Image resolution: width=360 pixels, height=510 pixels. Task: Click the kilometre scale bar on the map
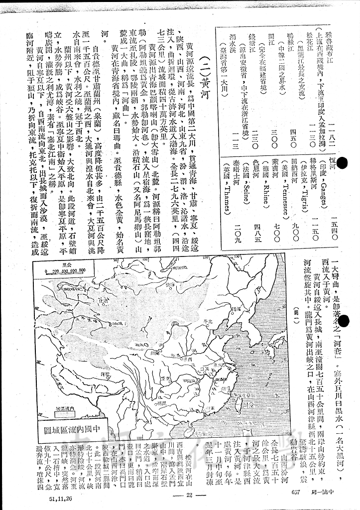click(x=65, y=270)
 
